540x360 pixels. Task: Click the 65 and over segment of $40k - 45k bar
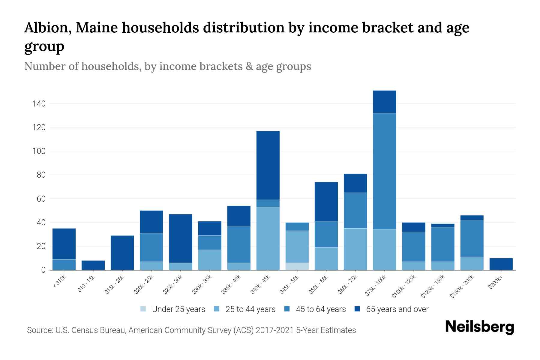coord(268,165)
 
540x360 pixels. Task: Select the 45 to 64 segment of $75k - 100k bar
coord(384,171)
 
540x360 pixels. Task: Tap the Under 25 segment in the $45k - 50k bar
coord(297,266)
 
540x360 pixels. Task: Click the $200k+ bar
coord(501,264)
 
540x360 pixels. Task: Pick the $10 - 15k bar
coord(93,265)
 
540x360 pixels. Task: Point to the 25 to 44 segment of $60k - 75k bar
coord(355,249)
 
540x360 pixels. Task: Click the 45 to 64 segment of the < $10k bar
coord(64,265)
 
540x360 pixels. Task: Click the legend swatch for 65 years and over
coord(357,309)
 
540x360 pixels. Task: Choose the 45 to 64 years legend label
coord(321,309)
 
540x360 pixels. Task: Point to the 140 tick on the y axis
coord(39,104)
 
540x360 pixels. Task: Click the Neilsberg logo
coord(479,327)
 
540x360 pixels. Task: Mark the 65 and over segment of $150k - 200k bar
coord(472,217)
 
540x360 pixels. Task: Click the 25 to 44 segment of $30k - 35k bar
coord(209,260)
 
